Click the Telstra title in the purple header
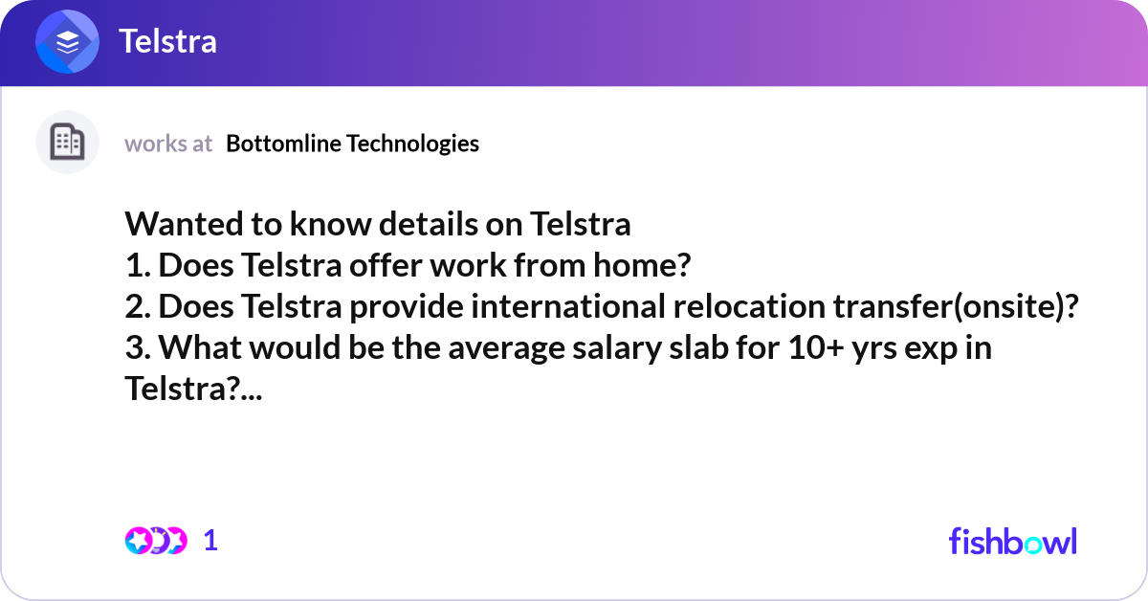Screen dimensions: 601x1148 tap(167, 41)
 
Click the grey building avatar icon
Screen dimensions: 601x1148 tap(67, 143)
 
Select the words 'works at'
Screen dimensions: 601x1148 tap(168, 144)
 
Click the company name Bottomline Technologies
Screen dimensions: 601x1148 tap(353, 144)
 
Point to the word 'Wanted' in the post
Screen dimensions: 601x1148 tap(178, 225)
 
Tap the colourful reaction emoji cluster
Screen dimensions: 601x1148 tap(155, 541)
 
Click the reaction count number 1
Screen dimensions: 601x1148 tap(210, 541)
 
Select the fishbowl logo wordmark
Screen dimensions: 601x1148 tap(1012, 541)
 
